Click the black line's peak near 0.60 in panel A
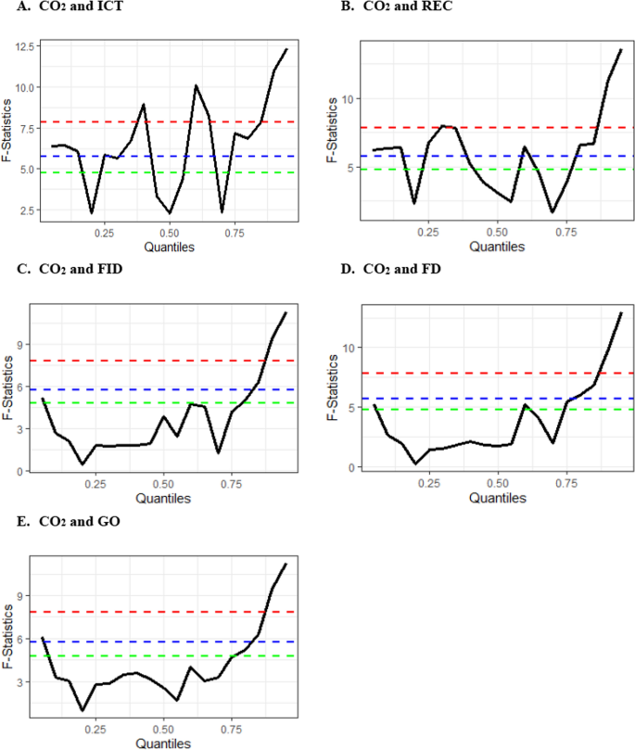(196, 85)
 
